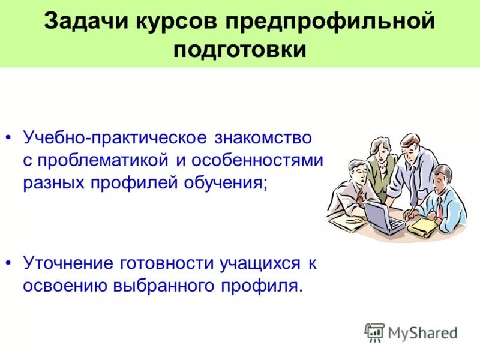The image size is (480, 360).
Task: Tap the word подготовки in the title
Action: click(240, 49)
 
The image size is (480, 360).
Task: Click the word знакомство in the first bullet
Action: click(262, 139)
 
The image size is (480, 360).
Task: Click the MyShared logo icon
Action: click(374, 332)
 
